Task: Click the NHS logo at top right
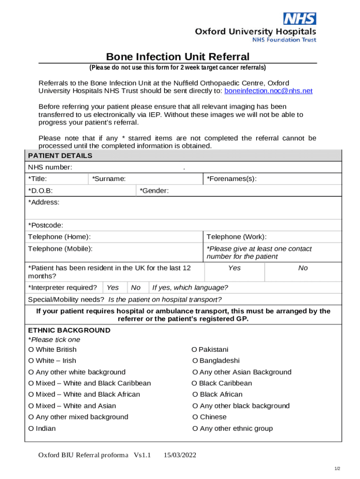click(x=300, y=19)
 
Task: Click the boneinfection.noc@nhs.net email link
click(x=268, y=91)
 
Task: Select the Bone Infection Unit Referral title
click(x=178, y=57)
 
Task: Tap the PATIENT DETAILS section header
click(x=60, y=156)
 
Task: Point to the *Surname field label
click(x=108, y=179)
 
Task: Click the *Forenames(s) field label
click(x=232, y=179)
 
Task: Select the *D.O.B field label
click(x=41, y=191)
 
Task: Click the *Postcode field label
click(x=46, y=225)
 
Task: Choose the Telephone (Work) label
click(x=237, y=237)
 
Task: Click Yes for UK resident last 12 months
click(x=234, y=268)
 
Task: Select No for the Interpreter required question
click(x=136, y=288)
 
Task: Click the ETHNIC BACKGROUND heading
click(x=69, y=330)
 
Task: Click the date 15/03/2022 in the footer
click(x=180, y=455)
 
